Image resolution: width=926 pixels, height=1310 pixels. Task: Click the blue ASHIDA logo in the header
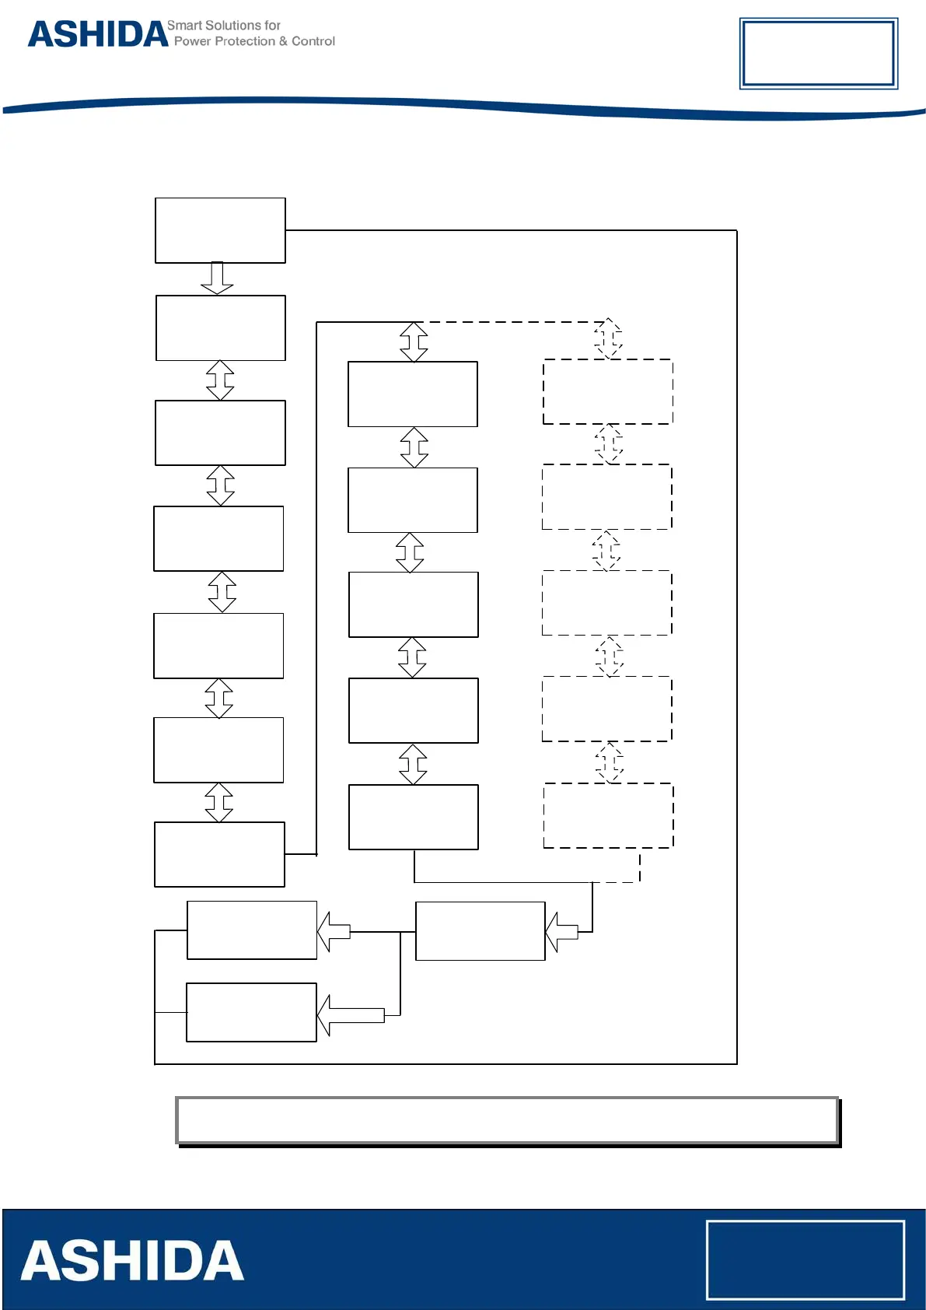pos(98,35)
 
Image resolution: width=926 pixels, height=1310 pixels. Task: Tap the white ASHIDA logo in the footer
pos(132,1261)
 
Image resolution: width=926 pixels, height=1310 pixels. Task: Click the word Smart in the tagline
pos(183,26)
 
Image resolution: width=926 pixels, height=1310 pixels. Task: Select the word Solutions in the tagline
pos(232,26)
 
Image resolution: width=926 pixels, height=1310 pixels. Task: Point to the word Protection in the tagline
pos(244,41)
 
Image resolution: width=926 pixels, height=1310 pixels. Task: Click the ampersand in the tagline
pos(283,41)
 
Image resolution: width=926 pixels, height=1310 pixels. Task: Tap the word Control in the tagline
pos(313,41)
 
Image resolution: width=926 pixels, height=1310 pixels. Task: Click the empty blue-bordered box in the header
pos(818,54)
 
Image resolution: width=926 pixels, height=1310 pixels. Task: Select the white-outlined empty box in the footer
pos(805,1259)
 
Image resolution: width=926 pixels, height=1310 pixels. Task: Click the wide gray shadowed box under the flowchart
pos(507,1120)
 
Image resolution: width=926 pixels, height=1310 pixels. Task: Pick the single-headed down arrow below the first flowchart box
pos(217,278)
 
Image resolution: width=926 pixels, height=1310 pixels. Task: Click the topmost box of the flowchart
pos(220,230)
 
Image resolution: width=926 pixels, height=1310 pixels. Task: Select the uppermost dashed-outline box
pos(608,391)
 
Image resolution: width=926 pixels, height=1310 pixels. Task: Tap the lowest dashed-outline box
pos(608,815)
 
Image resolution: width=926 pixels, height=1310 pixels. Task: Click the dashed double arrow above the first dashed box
pos(608,338)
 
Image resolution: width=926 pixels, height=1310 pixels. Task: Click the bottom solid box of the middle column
pos(414,817)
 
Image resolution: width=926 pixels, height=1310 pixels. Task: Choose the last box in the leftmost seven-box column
pos(219,854)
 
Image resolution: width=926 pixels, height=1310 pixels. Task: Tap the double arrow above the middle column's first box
pos(414,342)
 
